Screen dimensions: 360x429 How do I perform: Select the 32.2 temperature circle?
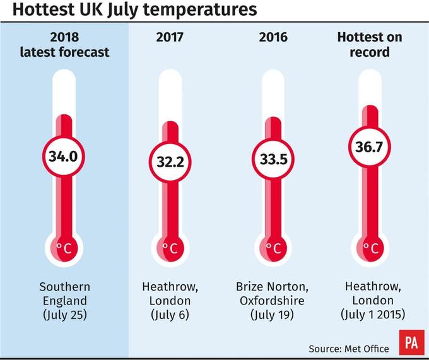tap(170, 162)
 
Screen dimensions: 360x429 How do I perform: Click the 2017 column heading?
tap(170, 37)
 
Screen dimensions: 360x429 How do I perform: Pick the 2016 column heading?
tap(273, 37)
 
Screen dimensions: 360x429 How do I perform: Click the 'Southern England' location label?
tap(64, 293)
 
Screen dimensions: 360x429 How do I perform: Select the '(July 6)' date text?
tap(169, 314)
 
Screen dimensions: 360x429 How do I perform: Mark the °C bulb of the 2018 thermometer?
tap(64, 246)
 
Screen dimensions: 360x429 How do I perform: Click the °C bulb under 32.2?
tap(170, 246)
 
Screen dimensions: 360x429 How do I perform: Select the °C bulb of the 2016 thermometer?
tap(274, 246)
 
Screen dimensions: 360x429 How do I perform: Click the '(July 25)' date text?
tap(64, 314)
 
